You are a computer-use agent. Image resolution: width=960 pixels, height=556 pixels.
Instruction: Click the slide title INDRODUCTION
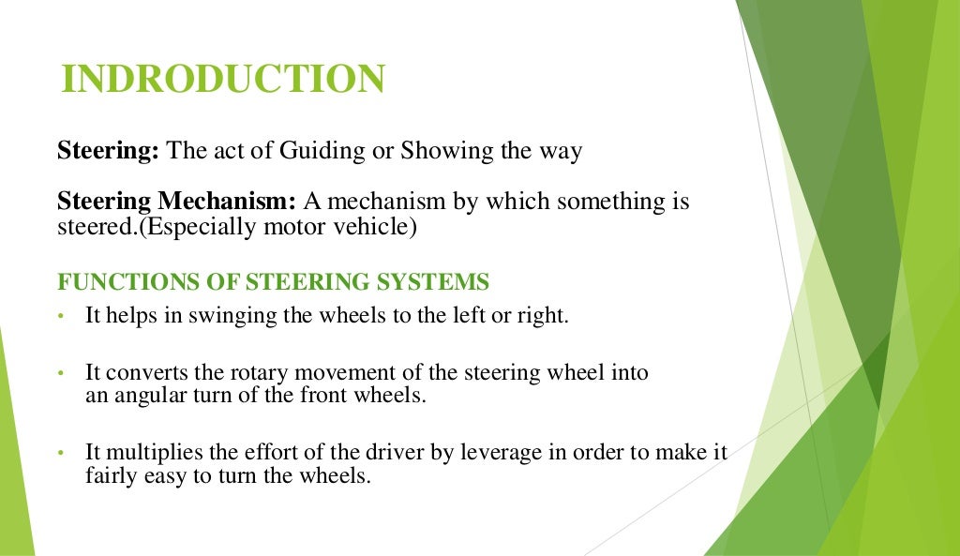click(223, 80)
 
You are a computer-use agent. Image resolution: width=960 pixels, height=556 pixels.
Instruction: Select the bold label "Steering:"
click(108, 152)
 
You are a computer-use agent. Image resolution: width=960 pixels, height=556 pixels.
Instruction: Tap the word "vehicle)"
click(377, 226)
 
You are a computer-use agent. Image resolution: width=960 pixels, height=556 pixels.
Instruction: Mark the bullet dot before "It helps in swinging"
click(60, 317)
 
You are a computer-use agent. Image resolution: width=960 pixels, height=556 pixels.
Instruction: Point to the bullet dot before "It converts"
click(60, 373)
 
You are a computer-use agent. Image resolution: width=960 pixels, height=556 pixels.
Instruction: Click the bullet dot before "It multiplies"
click(60, 454)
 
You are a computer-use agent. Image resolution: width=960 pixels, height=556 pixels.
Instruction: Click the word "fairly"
click(111, 475)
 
